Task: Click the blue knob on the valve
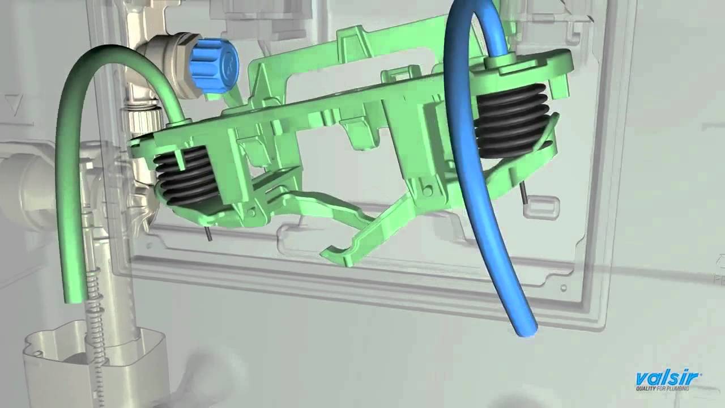[x=214, y=66]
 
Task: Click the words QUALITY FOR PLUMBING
[x=662, y=389]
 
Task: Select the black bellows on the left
[x=186, y=176]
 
